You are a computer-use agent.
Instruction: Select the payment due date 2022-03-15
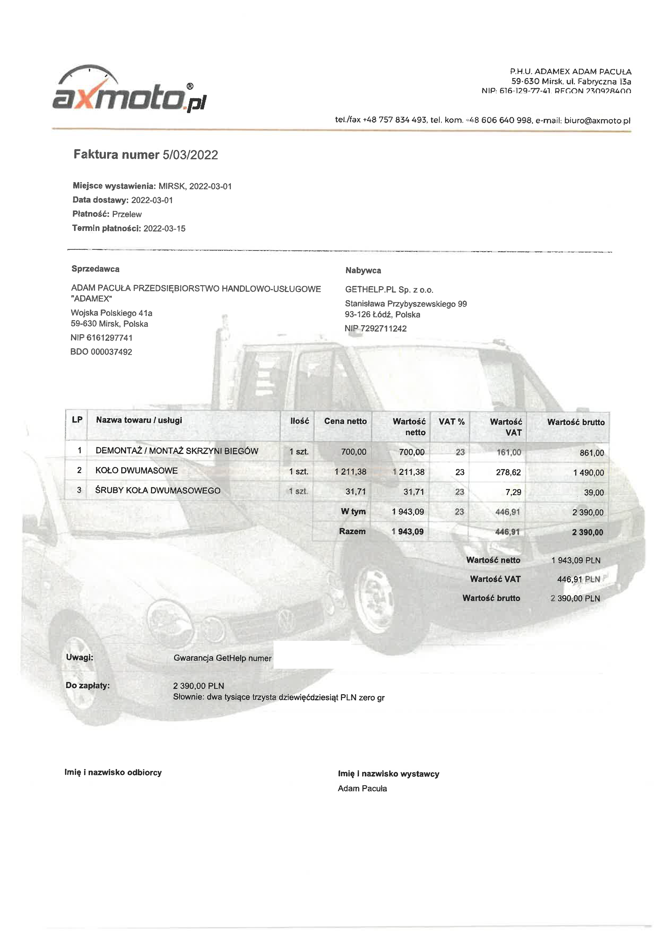pos(164,229)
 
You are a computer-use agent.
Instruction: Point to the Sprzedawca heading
pos(95,269)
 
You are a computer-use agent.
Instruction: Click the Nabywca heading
pos(363,271)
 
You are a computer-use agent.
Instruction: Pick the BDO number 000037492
pos(111,352)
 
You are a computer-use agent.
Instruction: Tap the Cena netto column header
pos(345,421)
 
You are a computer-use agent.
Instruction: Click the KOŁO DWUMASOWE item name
pos(137,471)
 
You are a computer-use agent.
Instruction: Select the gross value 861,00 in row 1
pos(592,453)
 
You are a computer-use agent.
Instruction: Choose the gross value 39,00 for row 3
pos(594,493)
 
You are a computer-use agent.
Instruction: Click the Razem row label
pos(352,531)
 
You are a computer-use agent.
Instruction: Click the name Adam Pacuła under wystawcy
pos(362,789)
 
